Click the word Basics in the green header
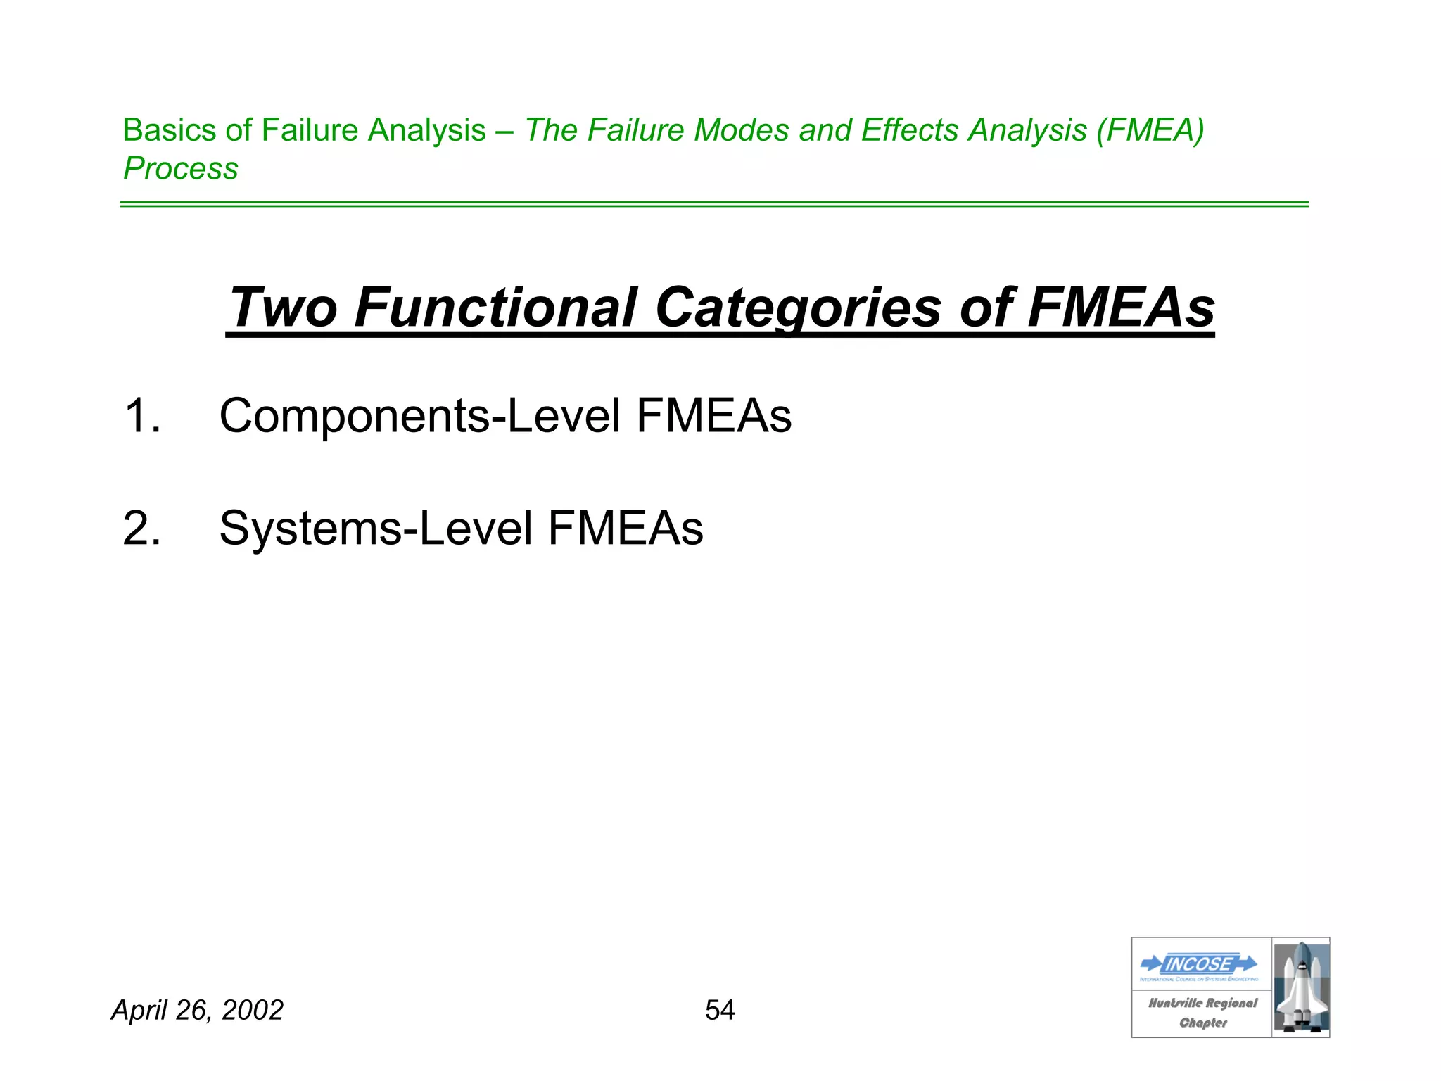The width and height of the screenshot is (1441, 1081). [169, 130]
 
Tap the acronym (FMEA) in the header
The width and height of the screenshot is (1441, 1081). [1150, 130]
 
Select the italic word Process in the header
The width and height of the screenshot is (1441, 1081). [181, 169]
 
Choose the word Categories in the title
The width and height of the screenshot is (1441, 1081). [798, 308]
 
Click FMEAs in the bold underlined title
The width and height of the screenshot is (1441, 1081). [1121, 308]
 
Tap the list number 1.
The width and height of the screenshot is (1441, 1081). [141, 415]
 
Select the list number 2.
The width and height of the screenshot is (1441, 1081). [141, 528]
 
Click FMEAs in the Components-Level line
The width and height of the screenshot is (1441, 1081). [713, 415]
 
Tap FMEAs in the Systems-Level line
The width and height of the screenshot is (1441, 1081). [625, 528]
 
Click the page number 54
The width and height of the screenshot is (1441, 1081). [720, 1010]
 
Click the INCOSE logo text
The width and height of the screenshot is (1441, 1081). [1199, 963]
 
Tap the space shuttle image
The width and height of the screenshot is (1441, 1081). [1301, 987]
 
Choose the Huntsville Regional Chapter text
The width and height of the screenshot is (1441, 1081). [1202, 1013]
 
